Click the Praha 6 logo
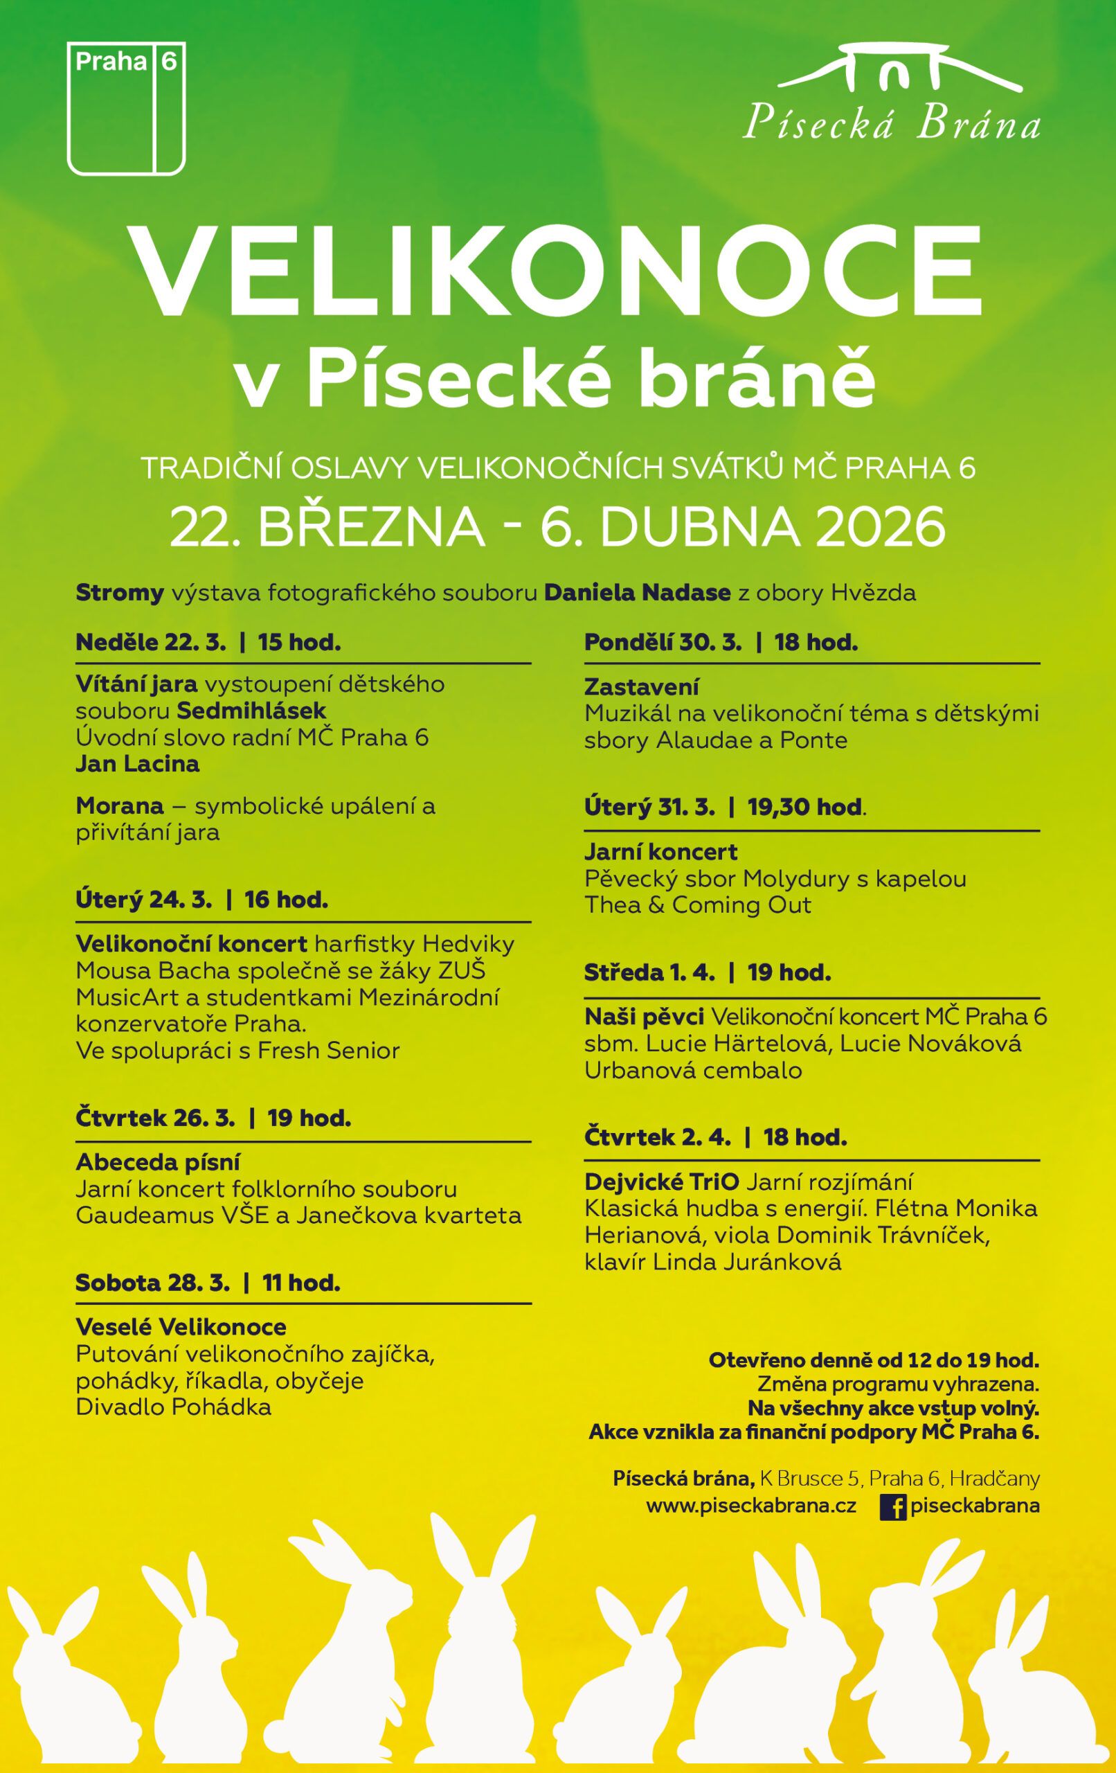coord(126,109)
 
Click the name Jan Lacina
coord(138,763)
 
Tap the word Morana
coord(119,805)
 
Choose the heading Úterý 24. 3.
coord(143,900)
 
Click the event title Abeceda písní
coord(159,1162)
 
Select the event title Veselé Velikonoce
coord(181,1327)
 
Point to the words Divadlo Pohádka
coord(174,1407)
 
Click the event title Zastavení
coord(641,687)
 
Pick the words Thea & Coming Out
coord(697,905)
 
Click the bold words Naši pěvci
coord(645,1017)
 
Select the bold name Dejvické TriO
coord(662,1182)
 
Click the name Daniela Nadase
coord(637,593)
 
